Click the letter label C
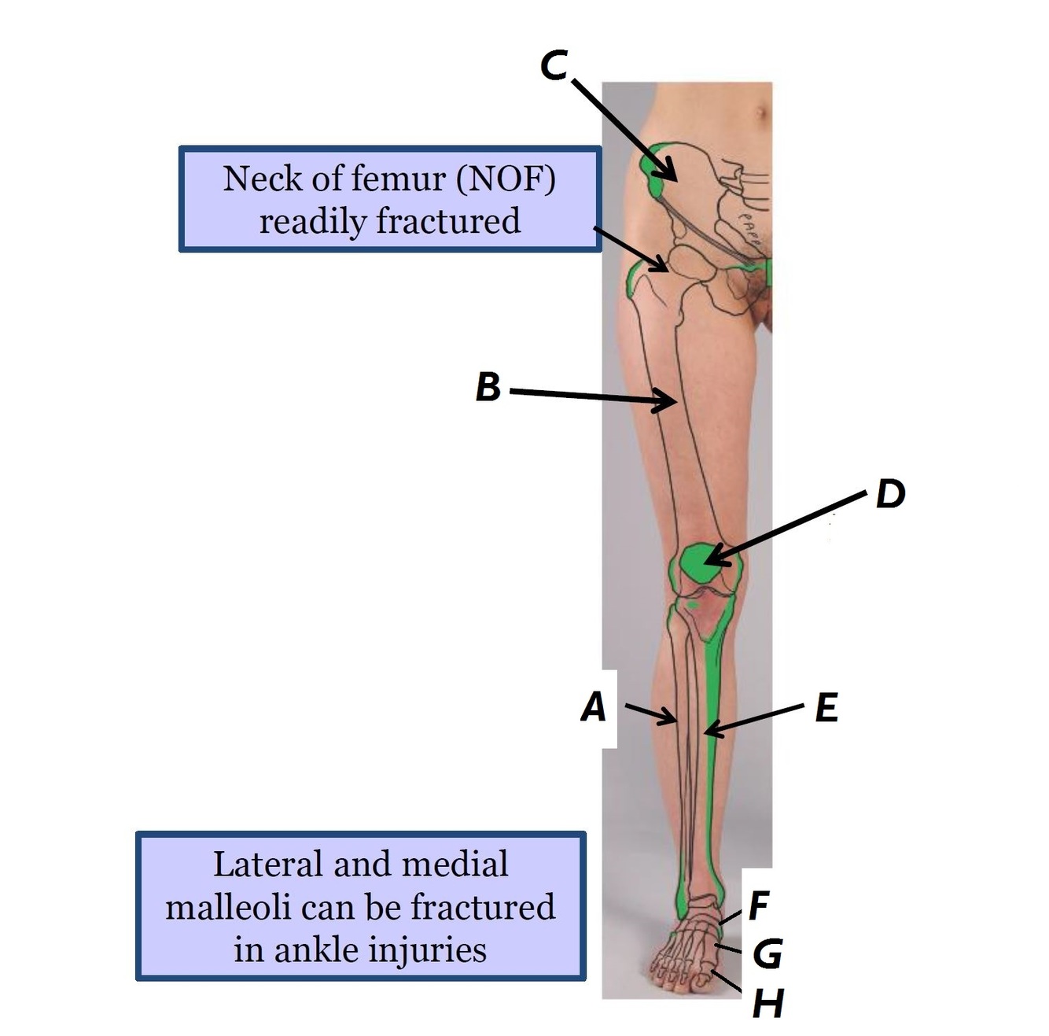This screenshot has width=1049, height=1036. (x=554, y=65)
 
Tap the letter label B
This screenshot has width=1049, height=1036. (x=488, y=387)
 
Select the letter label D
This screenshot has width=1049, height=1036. (x=890, y=494)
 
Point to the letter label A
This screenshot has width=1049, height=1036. (x=594, y=707)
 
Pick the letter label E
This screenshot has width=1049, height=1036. (x=826, y=708)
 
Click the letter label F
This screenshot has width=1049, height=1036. (x=758, y=905)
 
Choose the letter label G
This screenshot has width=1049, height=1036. (x=767, y=954)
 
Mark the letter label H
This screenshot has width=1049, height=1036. (x=767, y=1003)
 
